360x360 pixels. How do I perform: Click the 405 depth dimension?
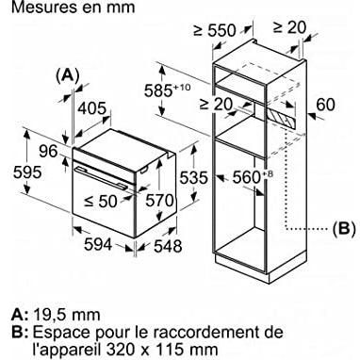point(92,108)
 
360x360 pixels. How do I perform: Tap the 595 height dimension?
point(27,172)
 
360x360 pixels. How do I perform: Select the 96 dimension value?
point(49,152)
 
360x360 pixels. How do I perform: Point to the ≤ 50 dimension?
point(101,201)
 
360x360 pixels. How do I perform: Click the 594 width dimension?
point(98,244)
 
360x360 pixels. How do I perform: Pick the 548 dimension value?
point(168,246)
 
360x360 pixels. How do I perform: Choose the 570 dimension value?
point(159,201)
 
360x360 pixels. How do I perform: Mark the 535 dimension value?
point(193,178)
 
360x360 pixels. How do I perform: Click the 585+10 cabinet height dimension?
point(168,90)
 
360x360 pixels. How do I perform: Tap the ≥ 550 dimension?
point(215,30)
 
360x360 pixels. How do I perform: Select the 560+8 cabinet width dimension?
point(251,177)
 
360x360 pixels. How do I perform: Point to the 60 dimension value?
point(325,105)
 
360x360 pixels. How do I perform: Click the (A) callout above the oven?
point(67,75)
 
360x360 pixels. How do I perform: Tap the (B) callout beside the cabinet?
point(344,228)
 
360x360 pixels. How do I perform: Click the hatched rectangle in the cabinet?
point(281,120)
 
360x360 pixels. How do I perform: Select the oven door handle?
point(101,178)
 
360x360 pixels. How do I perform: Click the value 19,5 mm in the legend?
point(66,315)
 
